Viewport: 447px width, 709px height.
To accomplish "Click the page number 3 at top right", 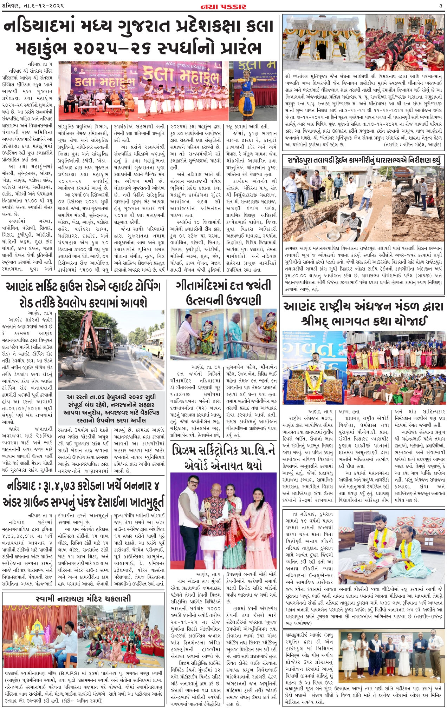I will click(440, 6).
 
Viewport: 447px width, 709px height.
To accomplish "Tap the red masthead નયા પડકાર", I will click(223, 6).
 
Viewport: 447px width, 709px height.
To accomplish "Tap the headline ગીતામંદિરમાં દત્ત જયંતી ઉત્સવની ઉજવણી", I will click(223, 293).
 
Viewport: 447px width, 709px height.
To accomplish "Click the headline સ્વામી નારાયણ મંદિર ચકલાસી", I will click(83, 598).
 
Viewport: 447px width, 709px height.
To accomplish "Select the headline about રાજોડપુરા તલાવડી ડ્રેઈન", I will click(363, 160).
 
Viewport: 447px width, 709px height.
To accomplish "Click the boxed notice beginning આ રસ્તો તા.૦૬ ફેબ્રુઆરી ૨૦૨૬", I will click(111, 408).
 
